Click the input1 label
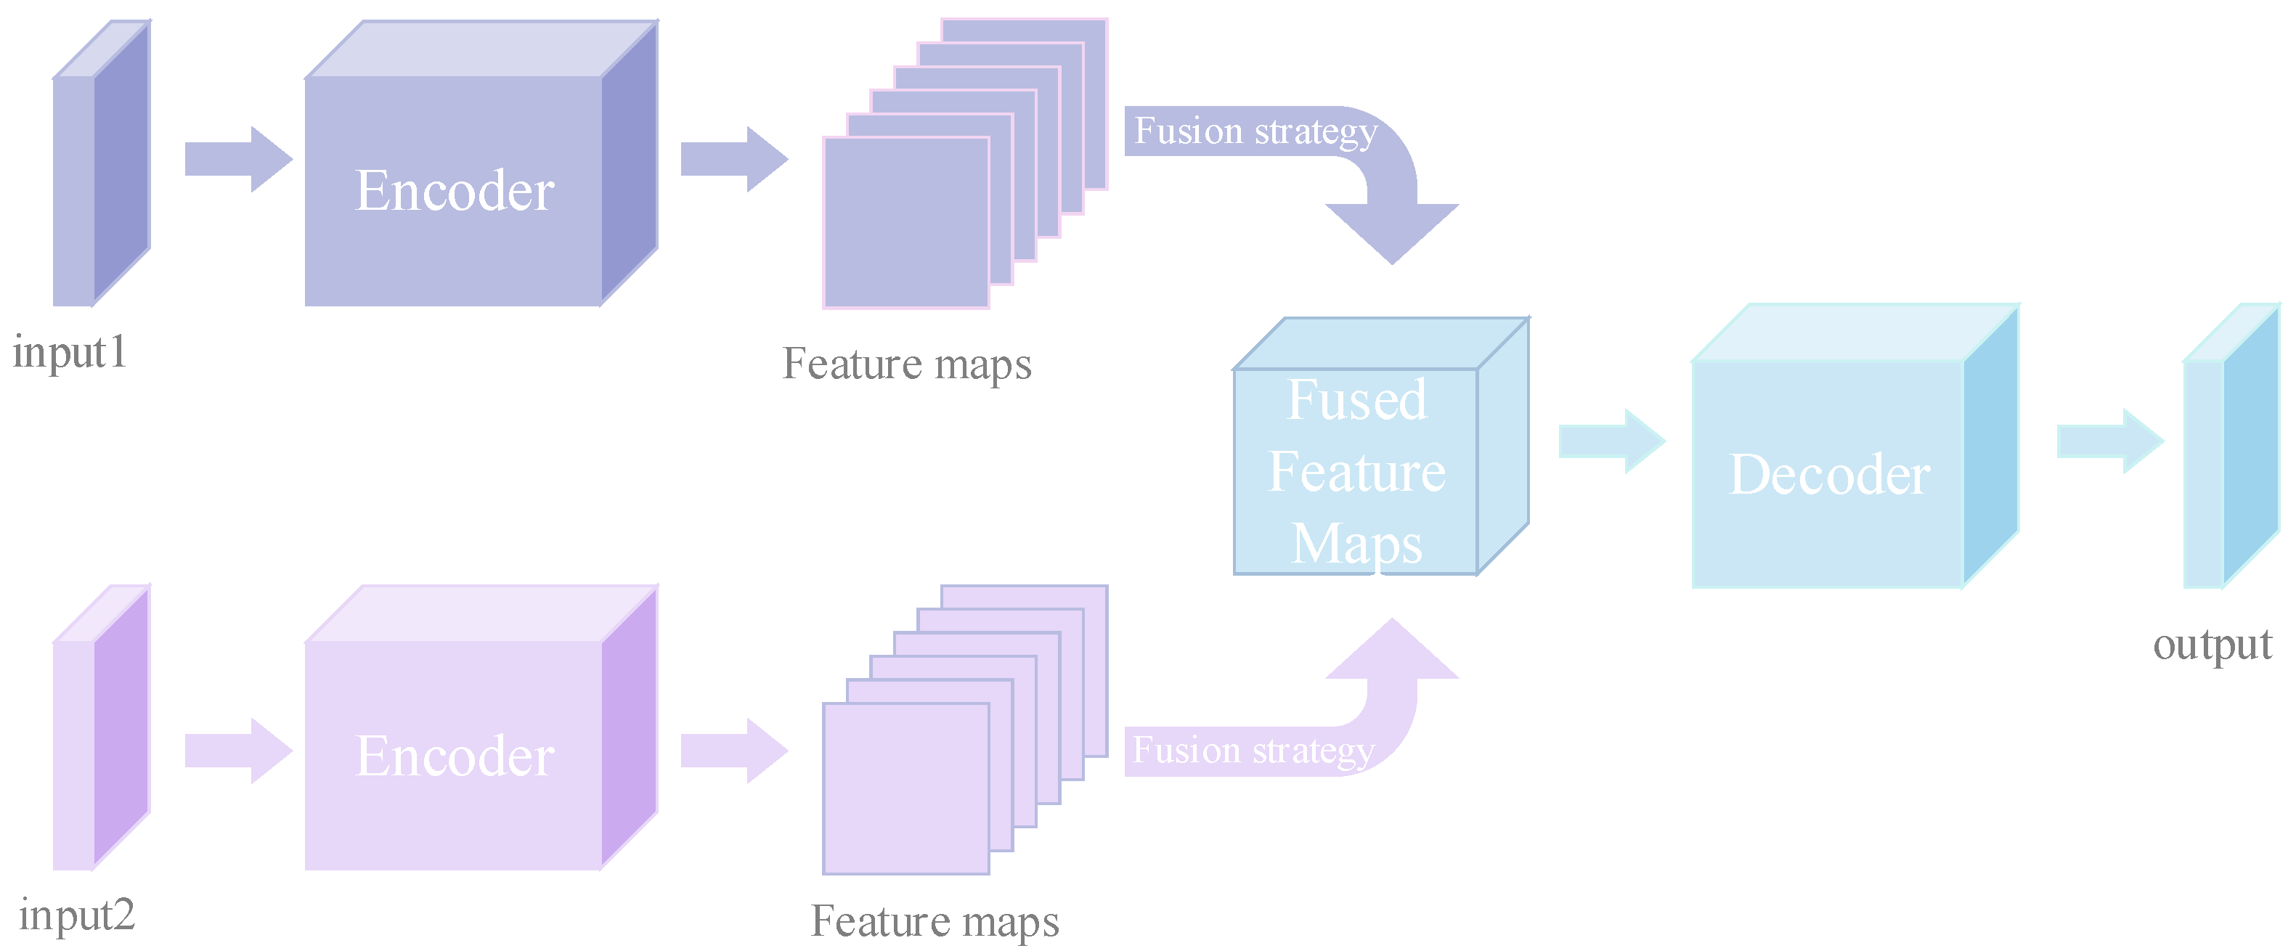click(70, 352)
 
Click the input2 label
click(77, 915)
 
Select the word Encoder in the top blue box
click(455, 191)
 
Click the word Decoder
click(1829, 474)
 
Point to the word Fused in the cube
click(1356, 400)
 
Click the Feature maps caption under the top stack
click(906, 364)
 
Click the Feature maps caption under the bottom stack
click(934, 921)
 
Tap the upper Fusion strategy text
click(1255, 132)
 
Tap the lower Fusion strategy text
click(1253, 751)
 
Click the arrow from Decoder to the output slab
click(2109, 441)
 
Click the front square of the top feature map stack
click(905, 223)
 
